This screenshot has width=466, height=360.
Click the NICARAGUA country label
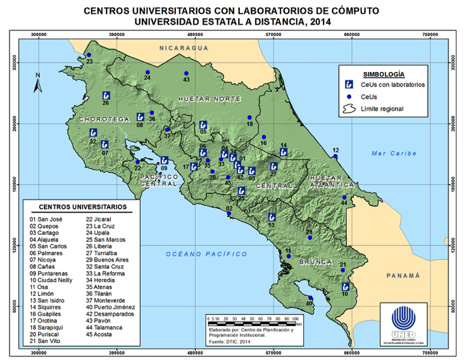pos(184,48)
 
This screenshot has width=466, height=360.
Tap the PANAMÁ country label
pos(403,275)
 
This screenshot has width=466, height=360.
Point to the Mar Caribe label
pos(394,153)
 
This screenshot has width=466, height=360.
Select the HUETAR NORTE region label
pos(209,99)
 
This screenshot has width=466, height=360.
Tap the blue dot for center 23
pos(89,55)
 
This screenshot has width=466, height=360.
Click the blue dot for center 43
pos(186,73)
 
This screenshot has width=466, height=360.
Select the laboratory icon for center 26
pos(106,96)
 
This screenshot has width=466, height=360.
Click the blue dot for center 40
pos(310,298)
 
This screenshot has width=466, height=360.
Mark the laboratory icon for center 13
pos(271,217)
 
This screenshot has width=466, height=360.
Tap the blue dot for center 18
pos(250,118)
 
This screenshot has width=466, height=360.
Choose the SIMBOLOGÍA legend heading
pos(380,73)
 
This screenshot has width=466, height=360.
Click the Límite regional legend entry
pos(382,109)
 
